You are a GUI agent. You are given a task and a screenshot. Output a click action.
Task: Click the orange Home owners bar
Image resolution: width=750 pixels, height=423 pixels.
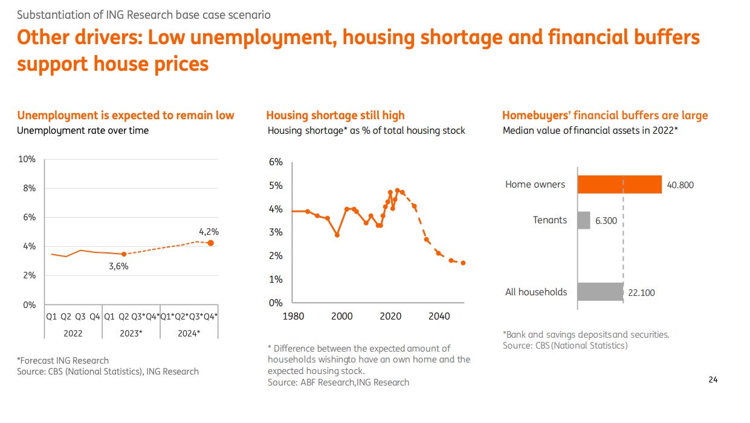coord(619,185)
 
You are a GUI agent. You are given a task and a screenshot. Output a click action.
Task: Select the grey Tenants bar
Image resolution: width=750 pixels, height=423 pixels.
coord(584,220)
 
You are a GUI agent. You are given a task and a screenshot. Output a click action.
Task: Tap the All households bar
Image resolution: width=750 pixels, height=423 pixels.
coord(600,292)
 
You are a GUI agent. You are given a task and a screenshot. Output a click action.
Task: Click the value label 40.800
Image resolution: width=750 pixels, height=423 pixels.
coord(680,185)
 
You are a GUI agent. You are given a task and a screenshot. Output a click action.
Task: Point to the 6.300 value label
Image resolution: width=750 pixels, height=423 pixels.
coord(606,221)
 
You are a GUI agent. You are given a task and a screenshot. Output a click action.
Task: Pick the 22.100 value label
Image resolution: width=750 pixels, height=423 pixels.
coord(641,293)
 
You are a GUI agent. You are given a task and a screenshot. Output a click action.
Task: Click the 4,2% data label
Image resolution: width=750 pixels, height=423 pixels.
coord(208,231)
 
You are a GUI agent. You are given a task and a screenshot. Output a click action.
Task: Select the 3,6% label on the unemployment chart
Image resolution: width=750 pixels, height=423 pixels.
coord(118,266)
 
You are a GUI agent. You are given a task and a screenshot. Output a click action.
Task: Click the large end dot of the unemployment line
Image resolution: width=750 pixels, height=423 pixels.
coord(210,243)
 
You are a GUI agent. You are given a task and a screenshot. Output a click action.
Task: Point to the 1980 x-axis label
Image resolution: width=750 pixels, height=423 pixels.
coord(293,316)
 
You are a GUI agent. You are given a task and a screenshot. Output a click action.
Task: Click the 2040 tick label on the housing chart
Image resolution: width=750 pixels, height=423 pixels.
coord(439,316)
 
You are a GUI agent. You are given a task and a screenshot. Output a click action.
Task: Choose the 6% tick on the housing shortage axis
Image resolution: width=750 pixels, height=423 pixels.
coord(276,162)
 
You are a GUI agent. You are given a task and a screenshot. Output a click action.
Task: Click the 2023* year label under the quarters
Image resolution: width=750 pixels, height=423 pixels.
coord(131,333)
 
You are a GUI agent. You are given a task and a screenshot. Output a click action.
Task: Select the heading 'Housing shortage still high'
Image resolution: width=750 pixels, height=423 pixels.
coord(335,115)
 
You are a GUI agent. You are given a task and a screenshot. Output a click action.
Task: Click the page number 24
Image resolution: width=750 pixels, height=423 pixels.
coord(713,380)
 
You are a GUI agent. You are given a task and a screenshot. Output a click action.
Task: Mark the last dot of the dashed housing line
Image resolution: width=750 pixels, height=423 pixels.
coord(463,263)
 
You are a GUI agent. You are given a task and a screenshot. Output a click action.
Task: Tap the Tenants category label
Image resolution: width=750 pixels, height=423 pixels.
coord(550,220)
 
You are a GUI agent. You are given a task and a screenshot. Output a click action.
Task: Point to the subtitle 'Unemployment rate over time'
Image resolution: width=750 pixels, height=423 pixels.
coord(83,130)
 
